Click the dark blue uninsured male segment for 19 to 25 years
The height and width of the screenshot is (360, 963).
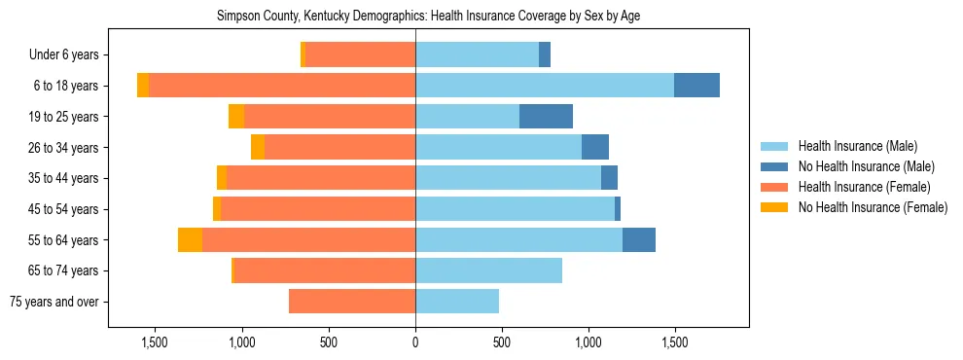(x=546, y=117)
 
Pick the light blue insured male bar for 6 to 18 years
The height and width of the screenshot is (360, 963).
(x=545, y=86)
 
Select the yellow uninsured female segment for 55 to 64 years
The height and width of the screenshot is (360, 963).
(x=190, y=240)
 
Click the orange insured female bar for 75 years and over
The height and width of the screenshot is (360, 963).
(x=352, y=302)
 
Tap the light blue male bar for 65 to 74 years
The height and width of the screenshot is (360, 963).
(x=488, y=270)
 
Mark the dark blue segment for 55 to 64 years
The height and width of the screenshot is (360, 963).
(x=639, y=240)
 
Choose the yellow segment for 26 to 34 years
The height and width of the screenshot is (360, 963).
(x=258, y=148)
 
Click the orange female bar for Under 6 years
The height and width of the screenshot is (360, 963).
(x=360, y=55)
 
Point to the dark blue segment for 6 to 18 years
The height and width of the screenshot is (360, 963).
(x=696, y=86)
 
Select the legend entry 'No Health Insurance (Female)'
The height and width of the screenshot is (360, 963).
(x=873, y=207)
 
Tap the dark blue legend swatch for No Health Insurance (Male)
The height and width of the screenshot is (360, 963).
(x=775, y=167)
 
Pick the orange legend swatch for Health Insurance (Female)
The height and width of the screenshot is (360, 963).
(x=775, y=187)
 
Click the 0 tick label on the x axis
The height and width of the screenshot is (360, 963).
(x=415, y=342)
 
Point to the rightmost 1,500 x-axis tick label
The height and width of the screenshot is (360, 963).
(x=675, y=342)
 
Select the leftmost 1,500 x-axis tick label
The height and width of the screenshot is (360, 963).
(x=155, y=342)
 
